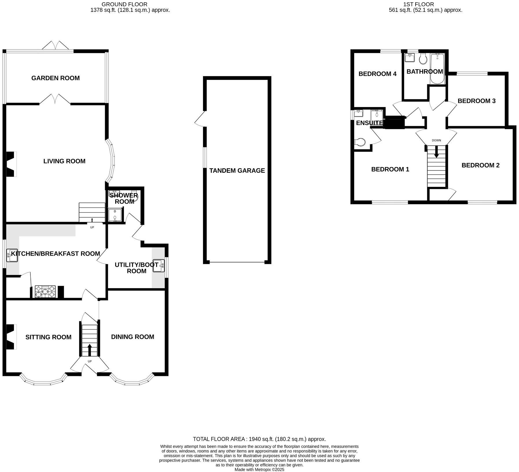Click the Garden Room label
pyautogui.click(x=55, y=78)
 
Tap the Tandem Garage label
pyautogui.click(x=237, y=170)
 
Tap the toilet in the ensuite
pyautogui.click(x=360, y=142)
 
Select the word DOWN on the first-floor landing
pyautogui.click(x=436, y=140)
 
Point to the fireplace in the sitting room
pyautogui.click(x=11, y=337)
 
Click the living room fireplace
pyautogui.click(x=11, y=164)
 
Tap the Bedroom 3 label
pyautogui.click(x=476, y=101)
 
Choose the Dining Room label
pyautogui.click(x=132, y=337)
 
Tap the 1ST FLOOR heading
pyautogui.click(x=419, y=4)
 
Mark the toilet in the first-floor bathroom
pyautogui.click(x=423, y=60)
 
